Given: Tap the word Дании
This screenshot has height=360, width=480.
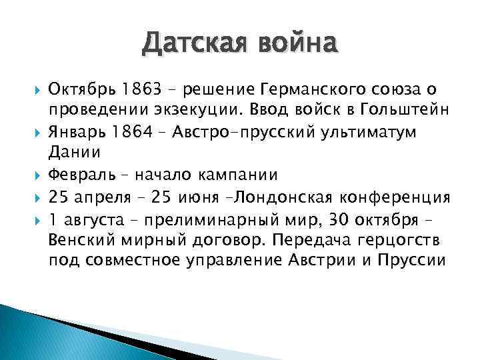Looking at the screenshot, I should (74, 153).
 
